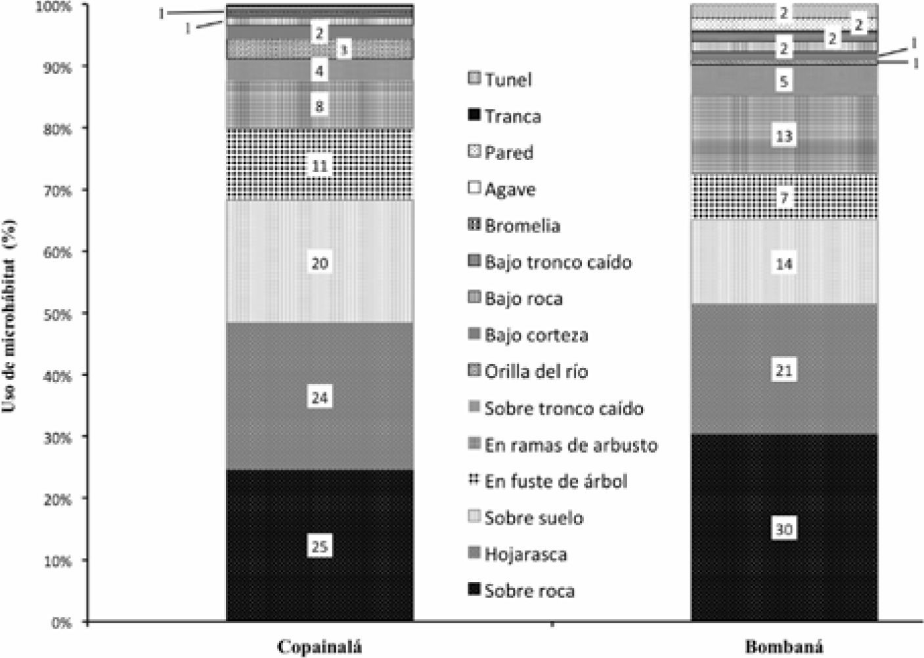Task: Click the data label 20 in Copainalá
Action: point(319,263)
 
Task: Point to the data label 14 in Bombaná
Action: point(784,264)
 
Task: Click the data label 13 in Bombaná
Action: point(784,136)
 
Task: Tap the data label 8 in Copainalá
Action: point(319,106)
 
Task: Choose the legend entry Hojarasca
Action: point(525,554)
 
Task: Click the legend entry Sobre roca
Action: point(529,590)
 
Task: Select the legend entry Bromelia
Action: point(522,226)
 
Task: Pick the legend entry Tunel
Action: point(508,79)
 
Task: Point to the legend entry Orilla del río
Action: point(536,371)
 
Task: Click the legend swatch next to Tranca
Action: point(474,116)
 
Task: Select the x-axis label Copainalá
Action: point(320,646)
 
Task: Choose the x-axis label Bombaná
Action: point(783,646)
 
